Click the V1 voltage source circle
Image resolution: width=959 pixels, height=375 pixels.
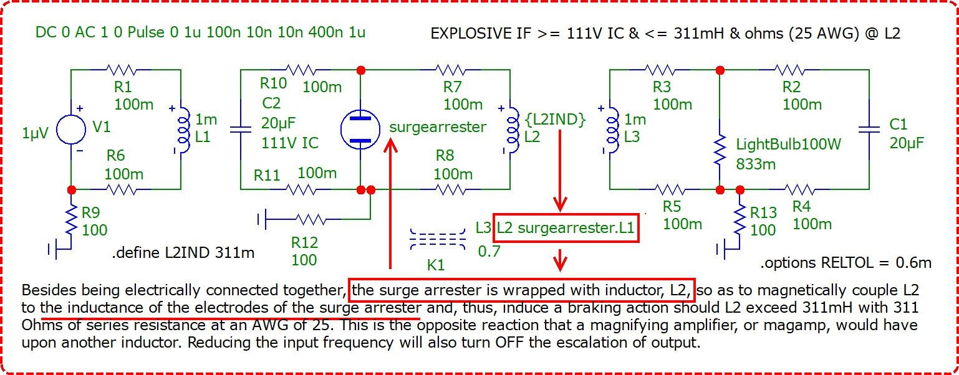tap(71, 129)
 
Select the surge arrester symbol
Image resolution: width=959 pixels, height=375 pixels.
tap(360, 129)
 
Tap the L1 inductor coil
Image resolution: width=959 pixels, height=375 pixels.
tap(184, 130)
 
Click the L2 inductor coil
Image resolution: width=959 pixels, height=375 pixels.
tap(513, 130)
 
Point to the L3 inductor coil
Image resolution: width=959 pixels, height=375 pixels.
tap(613, 130)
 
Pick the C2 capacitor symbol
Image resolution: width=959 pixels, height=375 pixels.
tap(241, 130)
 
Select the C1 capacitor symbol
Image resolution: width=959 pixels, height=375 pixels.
tap(869, 130)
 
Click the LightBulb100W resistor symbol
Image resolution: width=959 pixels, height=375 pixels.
tap(720, 150)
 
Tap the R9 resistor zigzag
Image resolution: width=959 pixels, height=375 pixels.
tap(72, 221)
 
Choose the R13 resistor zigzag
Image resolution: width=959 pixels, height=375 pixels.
tap(740, 221)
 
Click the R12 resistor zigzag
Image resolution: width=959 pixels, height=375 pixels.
tap(311, 220)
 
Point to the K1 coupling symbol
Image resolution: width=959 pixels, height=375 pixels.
tap(438, 239)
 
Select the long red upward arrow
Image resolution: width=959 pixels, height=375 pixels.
tap(390, 204)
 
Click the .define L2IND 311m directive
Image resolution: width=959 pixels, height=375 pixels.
tap(183, 253)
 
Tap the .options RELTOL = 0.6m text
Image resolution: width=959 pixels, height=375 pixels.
tap(846, 263)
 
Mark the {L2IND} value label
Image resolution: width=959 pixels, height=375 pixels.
tap(556, 120)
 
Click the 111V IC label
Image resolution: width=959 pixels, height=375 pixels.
tap(290, 143)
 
